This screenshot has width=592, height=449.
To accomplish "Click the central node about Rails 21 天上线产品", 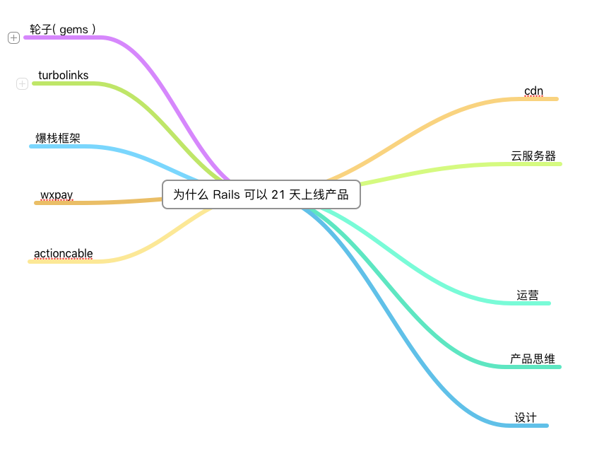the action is click(261, 194).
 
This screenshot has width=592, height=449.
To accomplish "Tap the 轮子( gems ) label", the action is click(63, 29).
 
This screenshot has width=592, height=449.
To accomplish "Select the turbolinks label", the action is click(64, 76).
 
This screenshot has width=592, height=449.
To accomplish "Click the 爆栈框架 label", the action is click(58, 138).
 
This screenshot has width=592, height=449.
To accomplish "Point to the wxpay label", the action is click(57, 194).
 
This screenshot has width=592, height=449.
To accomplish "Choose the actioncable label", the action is click(64, 253).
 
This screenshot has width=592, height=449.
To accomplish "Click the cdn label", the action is click(533, 91).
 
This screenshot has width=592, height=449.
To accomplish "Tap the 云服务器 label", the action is click(533, 156).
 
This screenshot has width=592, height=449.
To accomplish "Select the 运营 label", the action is click(528, 295).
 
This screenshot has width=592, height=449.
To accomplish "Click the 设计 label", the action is click(526, 417).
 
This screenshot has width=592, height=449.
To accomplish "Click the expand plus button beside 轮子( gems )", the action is click(13, 38).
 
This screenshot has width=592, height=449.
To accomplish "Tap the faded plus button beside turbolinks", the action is click(22, 84).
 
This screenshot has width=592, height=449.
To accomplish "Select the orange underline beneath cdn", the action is click(537, 99).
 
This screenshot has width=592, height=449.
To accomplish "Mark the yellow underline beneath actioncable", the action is click(64, 262).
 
